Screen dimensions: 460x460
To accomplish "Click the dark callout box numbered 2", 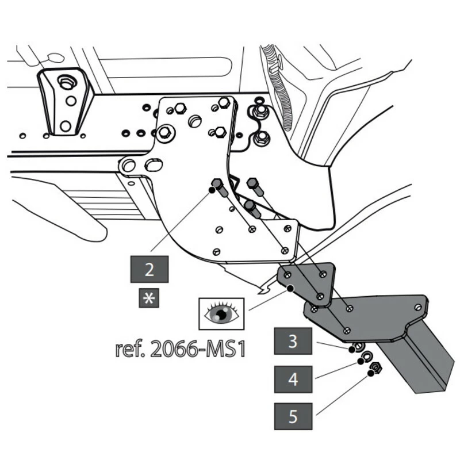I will pyautogui.click(x=149, y=269).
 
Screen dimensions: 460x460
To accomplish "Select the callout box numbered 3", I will pyautogui.click(x=293, y=341).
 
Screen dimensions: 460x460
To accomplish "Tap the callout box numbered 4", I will pyautogui.click(x=293, y=379).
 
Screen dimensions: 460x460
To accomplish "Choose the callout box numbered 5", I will pyautogui.click(x=293, y=417).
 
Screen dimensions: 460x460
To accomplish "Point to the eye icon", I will pyautogui.click(x=221, y=313).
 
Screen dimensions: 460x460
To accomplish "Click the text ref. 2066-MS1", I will pyautogui.click(x=180, y=348).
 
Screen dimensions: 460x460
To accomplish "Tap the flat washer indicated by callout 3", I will pyautogui.click(x=356, y=347).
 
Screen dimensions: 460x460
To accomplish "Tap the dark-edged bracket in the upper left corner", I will pyautogui.click(x=65, y=102).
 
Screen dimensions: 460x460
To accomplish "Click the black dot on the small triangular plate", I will pyautogui.click(x=291, y=287).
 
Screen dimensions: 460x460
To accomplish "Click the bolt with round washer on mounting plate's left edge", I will pyautogui.click(x=164, y=133).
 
